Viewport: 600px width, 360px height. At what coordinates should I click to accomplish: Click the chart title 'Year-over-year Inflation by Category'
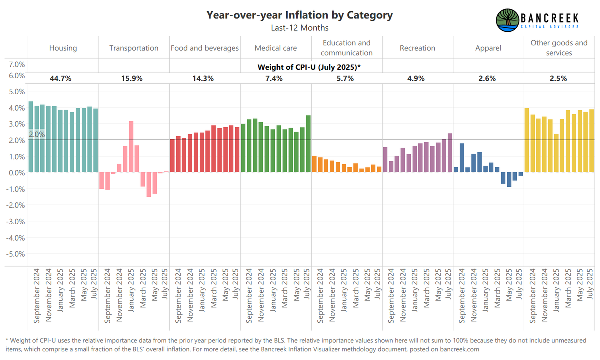tap(300, 15)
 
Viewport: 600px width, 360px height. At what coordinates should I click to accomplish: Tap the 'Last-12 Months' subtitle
tap(300, 28)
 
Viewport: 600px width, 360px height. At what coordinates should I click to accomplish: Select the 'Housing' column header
tap(63, 48)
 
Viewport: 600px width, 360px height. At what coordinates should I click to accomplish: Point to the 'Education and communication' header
tap(347, 48)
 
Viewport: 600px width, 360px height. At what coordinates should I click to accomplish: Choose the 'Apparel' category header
tap(488, 48)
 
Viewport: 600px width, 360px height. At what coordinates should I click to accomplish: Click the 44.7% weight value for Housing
tap(63, 78)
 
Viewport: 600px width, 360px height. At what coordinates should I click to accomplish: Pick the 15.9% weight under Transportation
tap(134, 78)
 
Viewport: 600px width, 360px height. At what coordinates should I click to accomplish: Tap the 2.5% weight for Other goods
tap(559, 78)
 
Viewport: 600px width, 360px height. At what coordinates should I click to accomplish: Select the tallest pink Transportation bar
tap(131, 146)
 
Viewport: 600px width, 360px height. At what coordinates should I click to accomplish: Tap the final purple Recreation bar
tap(450, 153)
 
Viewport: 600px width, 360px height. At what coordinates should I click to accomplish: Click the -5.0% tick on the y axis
tap(16, 254)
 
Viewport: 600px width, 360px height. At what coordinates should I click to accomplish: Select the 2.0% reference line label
tap(36, 134)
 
